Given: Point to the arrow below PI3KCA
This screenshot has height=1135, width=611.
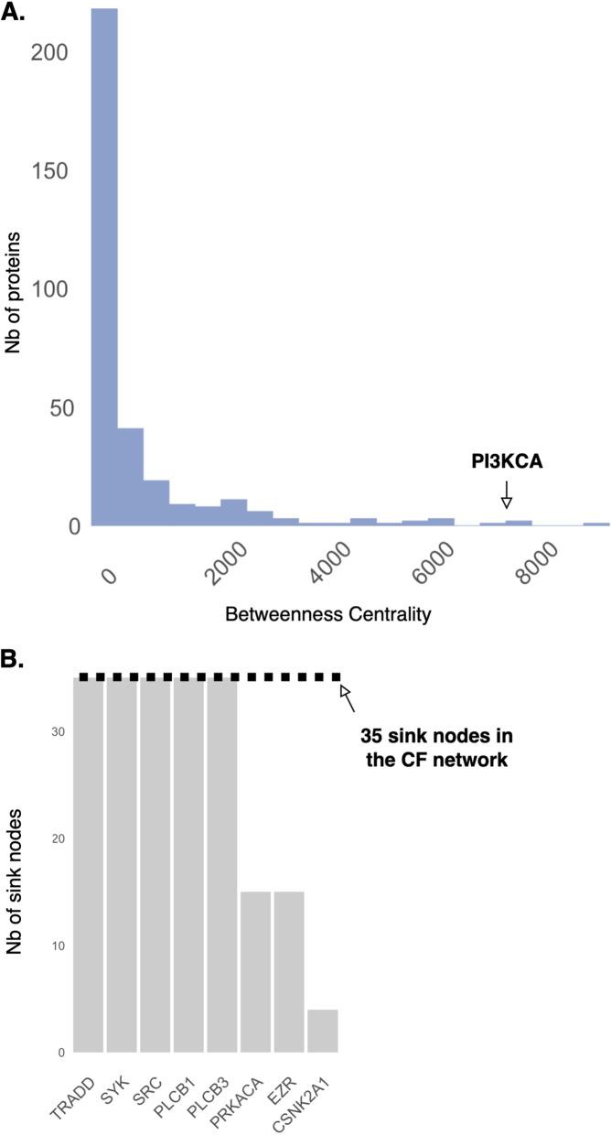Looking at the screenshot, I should [x=506, y=496].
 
